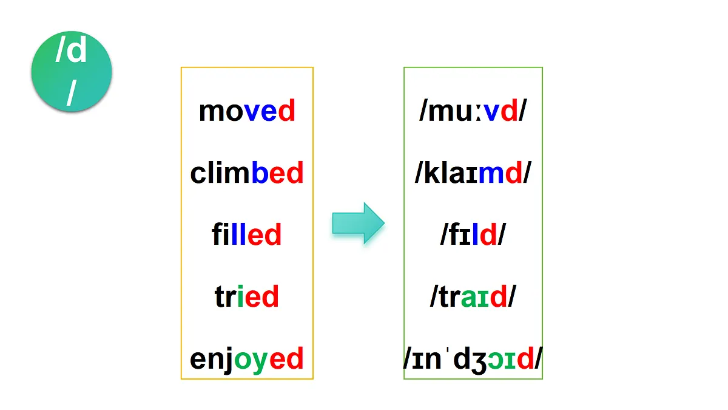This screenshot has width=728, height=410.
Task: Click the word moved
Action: [247, 111]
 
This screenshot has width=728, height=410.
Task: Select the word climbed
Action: [247, 173]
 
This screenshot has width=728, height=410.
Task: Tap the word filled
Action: [247, 234]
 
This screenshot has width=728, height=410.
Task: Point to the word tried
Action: [247, 296]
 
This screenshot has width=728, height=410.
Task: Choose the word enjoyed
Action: [247, 360]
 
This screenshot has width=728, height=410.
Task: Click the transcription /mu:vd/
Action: [473, 111]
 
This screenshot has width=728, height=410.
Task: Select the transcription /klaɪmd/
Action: [473, 173]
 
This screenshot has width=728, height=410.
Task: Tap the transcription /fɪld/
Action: [473, 234]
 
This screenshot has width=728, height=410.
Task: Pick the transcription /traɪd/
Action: [473, 296]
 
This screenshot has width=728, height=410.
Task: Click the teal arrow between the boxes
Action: [358, 224]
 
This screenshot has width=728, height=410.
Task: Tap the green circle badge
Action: [72, 72]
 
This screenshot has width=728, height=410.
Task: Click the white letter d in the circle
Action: [78, 50]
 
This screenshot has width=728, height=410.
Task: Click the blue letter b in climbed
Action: [260, 172]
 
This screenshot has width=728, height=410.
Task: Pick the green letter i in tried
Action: [240, 296]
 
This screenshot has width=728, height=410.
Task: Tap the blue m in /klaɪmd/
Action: [491, 174]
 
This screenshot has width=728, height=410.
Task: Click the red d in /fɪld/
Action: [488, 234]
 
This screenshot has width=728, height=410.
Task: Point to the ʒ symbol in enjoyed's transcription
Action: [479, 362]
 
